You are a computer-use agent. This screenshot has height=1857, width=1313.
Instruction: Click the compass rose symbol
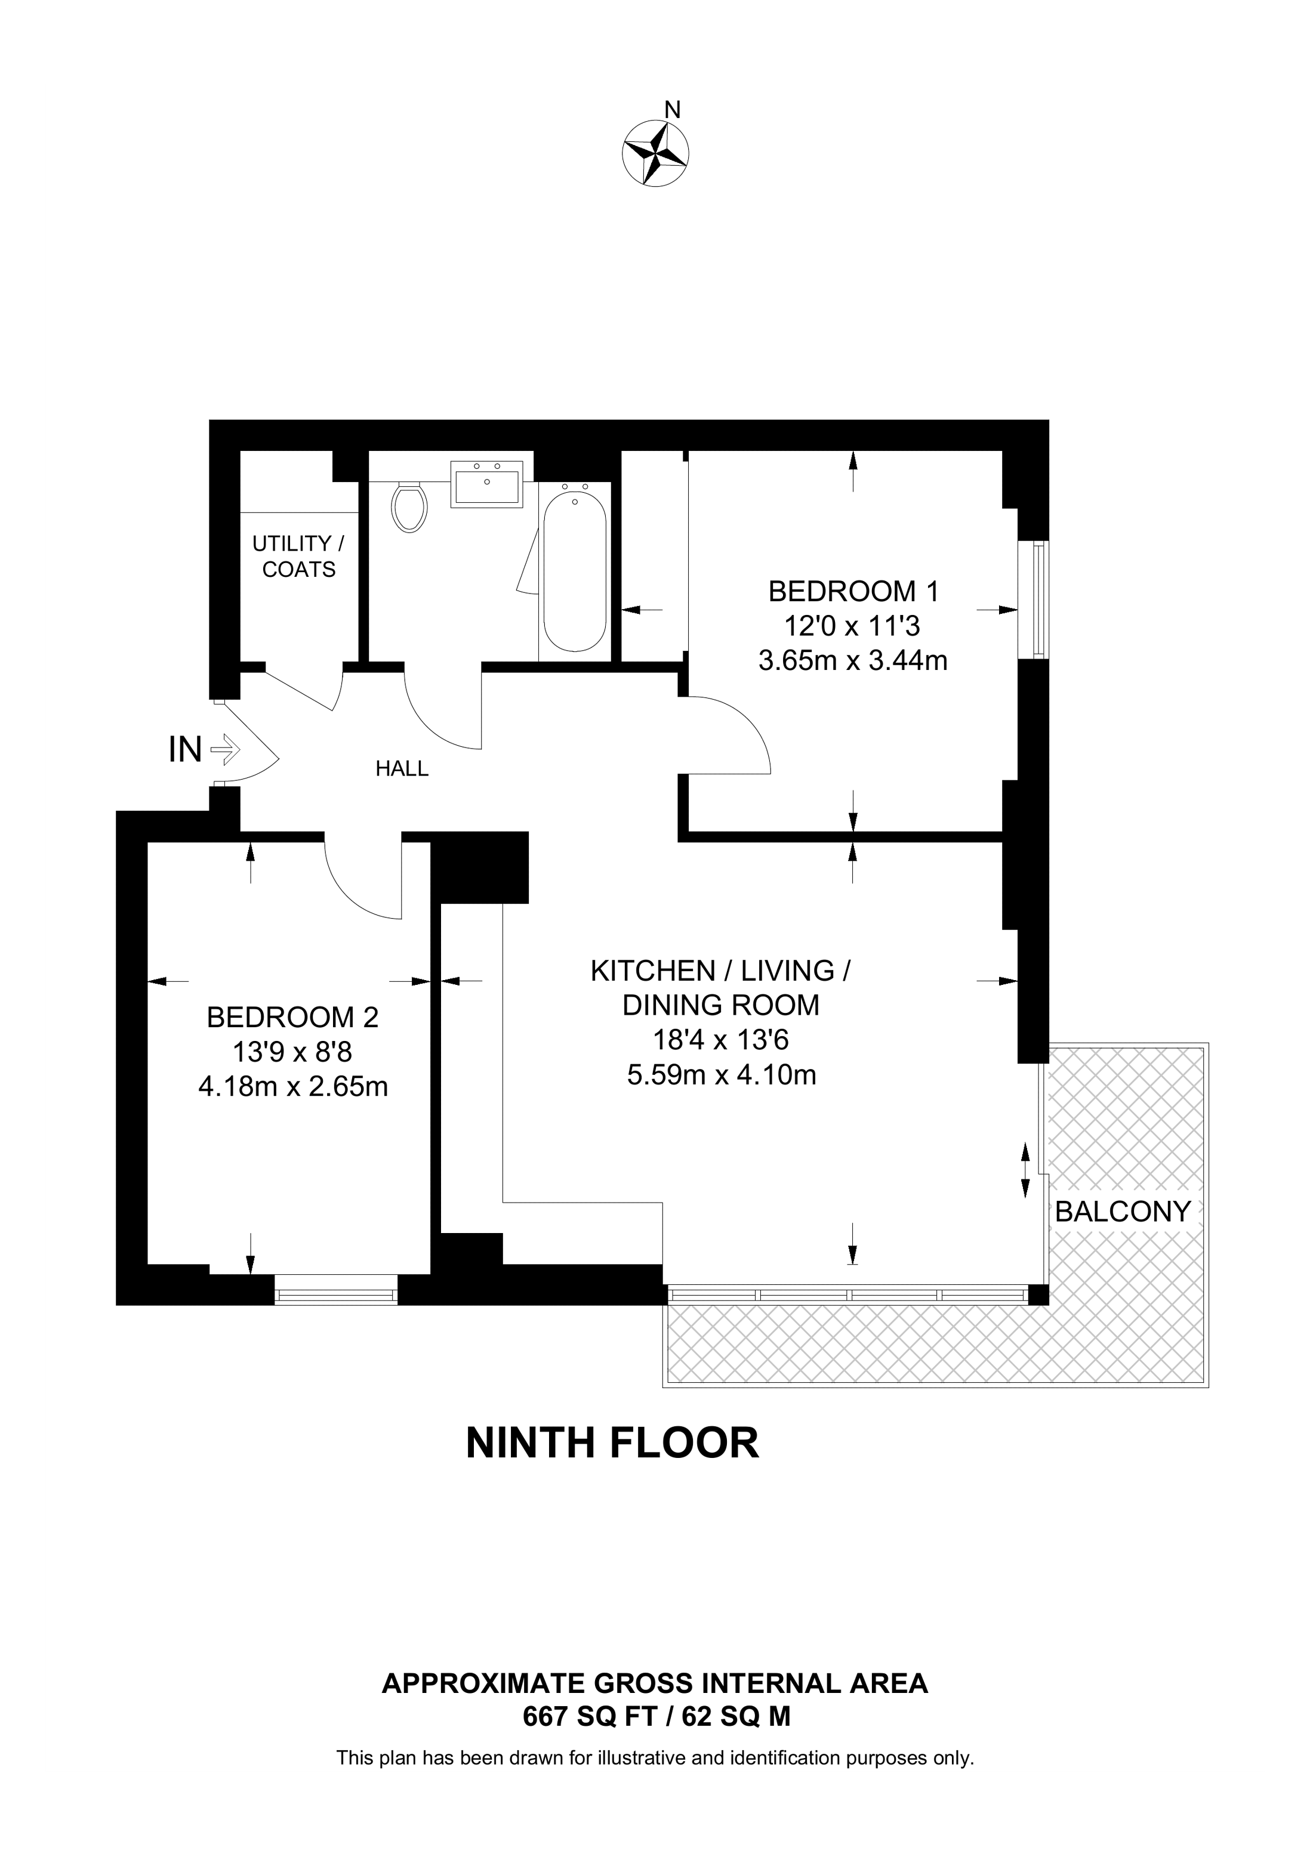(x=655, y=154)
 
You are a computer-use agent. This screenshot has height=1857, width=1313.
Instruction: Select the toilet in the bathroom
(x=409, y=507)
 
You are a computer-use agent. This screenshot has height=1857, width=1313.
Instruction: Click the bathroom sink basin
(x=486, y=484)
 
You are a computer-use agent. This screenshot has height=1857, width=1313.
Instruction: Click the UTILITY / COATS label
(x=298, y=557)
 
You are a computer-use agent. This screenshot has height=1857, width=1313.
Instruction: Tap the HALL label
(x=402, y=768)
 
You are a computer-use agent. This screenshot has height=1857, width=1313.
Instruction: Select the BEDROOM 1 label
(x=853, y=591)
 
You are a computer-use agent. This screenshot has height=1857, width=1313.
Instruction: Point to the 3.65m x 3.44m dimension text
(x=853, y=661)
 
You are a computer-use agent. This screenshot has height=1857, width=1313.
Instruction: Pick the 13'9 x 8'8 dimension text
(x=293, y=1052)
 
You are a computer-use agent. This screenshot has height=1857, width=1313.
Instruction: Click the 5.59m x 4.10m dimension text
(x=722, y=1075)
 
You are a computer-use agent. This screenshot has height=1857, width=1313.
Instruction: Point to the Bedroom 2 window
(x=337, y=1289)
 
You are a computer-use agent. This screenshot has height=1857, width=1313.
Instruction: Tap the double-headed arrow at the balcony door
(x=1025, y=1170)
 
